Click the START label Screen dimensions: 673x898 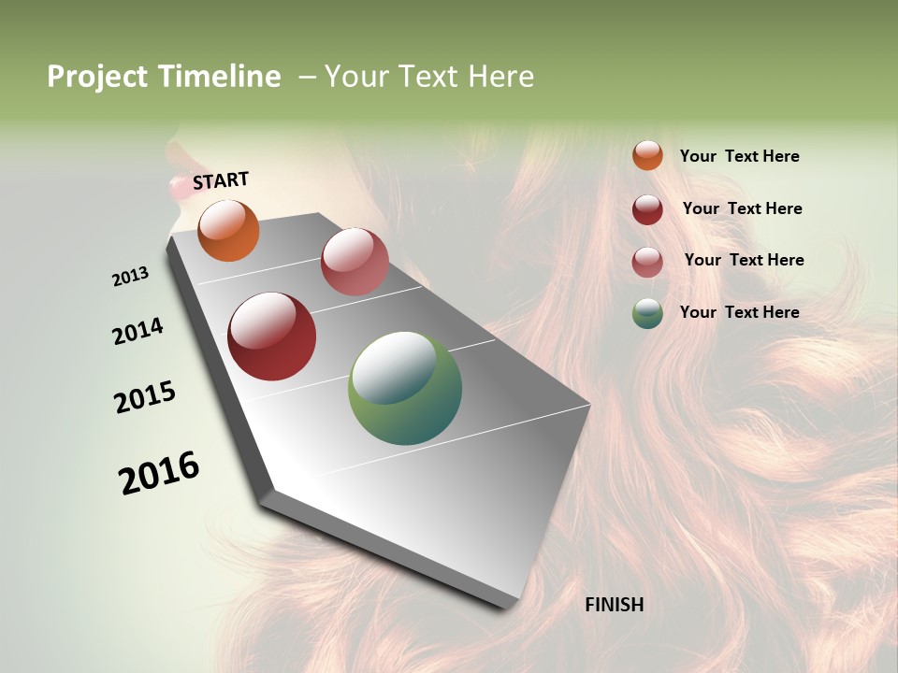tap(221, 180)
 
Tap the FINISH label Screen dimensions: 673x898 tap(614, 605)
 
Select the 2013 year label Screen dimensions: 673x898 tap(130, 277)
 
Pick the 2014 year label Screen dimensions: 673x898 tap(138, 331)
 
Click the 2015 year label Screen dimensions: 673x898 tap(145, 397)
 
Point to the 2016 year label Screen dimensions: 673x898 tap(159, 472)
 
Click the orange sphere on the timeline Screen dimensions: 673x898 tap(228, 230)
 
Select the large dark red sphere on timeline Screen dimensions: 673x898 tap(271, 336)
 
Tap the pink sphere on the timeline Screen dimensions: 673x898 tap(355, 262)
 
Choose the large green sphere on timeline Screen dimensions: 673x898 tap(404, 388)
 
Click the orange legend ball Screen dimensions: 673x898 tap(647, 155)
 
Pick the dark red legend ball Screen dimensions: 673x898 tap(647, 209)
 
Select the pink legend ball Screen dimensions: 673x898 tap(647, 262)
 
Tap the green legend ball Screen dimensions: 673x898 tap(647, 313)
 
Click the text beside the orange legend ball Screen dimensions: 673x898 tap(739, 157)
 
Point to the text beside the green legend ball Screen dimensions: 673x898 tap(739, 312)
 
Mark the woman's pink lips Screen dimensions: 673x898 tap(177, 188)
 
